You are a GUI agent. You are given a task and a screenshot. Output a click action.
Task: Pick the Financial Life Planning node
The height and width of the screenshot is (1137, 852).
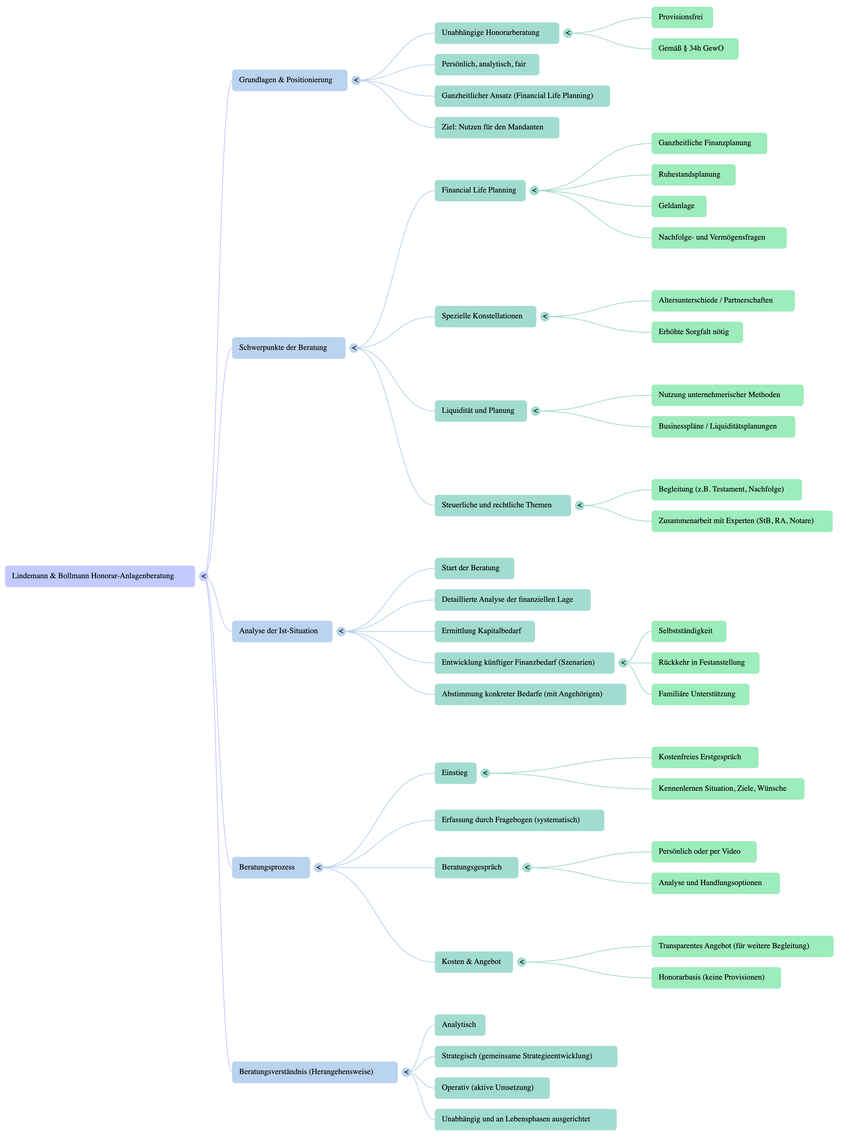[480, 190]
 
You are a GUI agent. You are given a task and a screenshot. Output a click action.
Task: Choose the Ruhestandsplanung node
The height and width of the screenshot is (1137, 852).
[693, 175]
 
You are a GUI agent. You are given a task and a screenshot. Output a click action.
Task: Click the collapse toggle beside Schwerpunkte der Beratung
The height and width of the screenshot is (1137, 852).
[354, 348]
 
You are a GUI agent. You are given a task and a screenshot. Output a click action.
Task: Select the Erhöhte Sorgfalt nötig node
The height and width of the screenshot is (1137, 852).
[697, 332]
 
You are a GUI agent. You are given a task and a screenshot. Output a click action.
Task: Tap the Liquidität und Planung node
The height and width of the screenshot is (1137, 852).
[480, 411]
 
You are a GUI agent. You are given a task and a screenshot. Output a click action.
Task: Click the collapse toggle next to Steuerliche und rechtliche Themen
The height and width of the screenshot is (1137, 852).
[579, 505]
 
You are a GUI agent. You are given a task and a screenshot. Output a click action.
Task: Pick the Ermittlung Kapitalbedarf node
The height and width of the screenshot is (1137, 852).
[484, 631]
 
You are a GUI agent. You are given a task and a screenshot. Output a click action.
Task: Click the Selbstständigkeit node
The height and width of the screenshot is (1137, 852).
[688, 631]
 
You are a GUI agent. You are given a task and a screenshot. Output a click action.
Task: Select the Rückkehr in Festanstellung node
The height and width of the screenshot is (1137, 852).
[705, 663]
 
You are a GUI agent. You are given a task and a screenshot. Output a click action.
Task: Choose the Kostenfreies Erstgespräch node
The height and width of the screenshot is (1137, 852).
[704, 757]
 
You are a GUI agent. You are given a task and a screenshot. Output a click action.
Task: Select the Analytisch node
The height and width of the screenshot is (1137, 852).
[460, 1025]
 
